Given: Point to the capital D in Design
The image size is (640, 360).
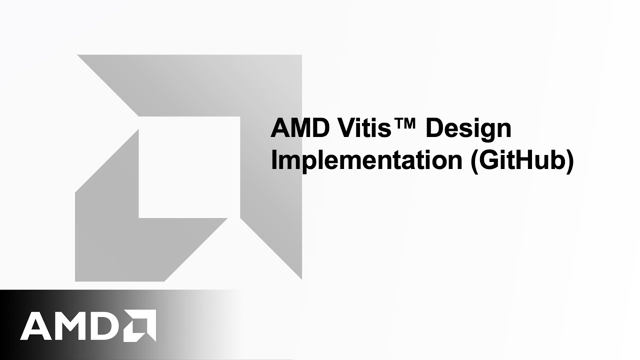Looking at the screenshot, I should pyautogui.click(x=434, y=129).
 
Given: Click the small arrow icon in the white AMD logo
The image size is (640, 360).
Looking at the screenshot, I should pyautogui.click(x=141, y=325).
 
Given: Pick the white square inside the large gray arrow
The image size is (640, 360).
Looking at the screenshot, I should pyautogui.click(x=189, y=167).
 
